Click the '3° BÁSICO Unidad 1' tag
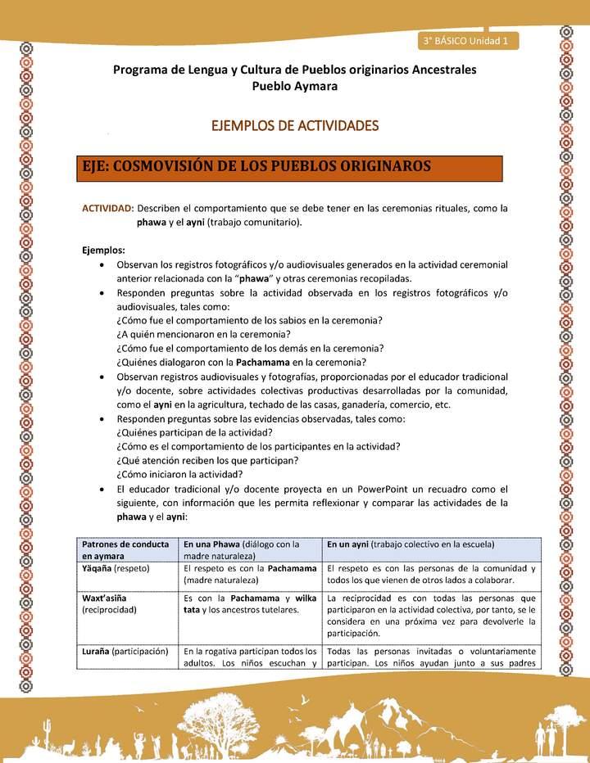click(465, 40)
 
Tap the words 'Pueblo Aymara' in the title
click(294, 86)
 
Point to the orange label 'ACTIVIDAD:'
click(108, 208)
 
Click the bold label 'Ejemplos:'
click(104, 251)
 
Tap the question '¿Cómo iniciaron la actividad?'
click(179, 474)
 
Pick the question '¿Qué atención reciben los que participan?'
click(206, 460)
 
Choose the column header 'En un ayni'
click(347, 544)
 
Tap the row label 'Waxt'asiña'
click(104, 598)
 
